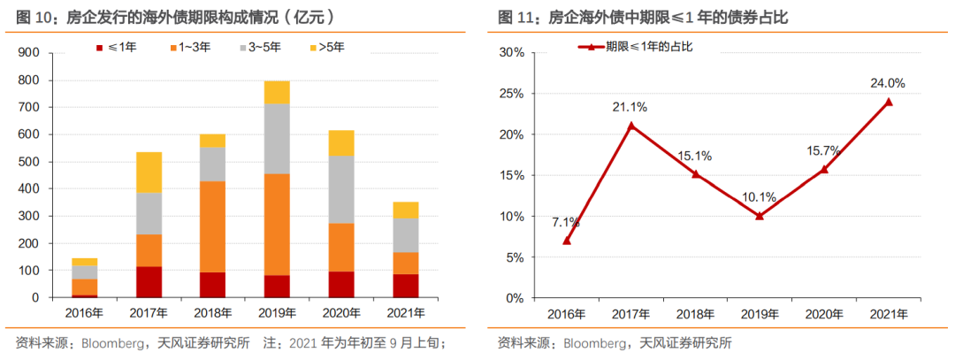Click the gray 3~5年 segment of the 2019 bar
(x=277, y=139)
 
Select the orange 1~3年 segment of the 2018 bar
(x=212, y=226)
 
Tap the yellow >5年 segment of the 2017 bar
(x=149, y=172)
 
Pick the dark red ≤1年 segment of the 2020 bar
(x=340, y=284)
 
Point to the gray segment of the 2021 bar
(x=406, y=235)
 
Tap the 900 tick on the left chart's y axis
(x=29, y=53)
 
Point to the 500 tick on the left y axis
(x=29, y=162)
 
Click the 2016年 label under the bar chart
(x=84, y=313)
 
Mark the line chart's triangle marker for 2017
(x=630, y=126)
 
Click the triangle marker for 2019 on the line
(x=760, y=216)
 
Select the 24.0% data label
(x=887, y=83)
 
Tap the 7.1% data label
(x=566, y=221)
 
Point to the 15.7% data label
(x=824, y=150)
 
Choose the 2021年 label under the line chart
(x=889, y=314)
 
